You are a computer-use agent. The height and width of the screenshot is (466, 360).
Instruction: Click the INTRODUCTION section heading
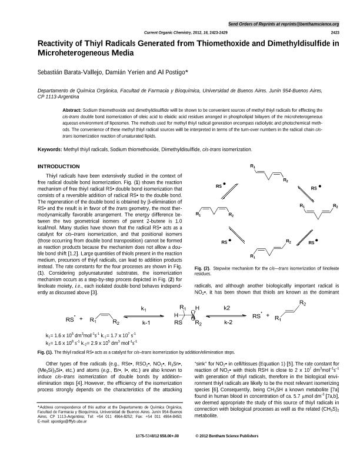click(x=58, y=167)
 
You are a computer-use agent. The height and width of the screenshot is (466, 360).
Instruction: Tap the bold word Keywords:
click(x=49, y=150)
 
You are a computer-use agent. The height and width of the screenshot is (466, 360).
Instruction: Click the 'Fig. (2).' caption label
click(x=203, y=268)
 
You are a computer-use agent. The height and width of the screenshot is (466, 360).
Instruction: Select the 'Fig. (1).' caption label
click(x=46, y=351)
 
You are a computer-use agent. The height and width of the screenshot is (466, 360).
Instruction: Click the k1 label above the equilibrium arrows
click(x=144, y=308)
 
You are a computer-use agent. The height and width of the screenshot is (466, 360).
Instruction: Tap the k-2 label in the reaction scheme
click(x=229, y=322)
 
